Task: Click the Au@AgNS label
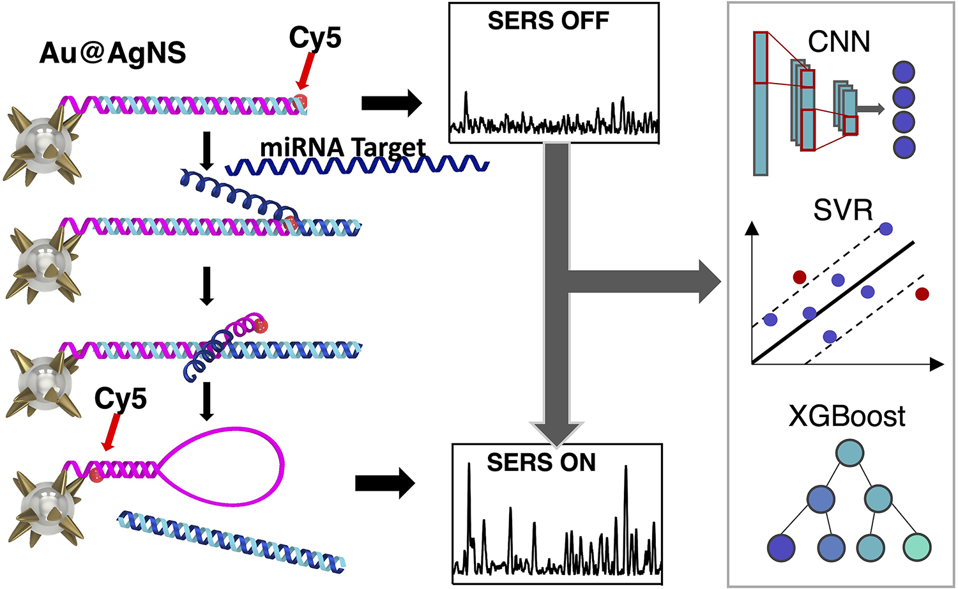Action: pos(112,52)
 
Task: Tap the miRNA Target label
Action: pos(342,148)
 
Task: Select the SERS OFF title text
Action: pos(548,21)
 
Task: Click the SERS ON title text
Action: pos(541,463)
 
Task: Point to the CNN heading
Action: pos(839,42)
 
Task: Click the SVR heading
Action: pos(843,210)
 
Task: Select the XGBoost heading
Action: pos(847,417)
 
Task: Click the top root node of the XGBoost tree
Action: pos(849,453)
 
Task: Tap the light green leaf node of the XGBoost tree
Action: pos(917,547)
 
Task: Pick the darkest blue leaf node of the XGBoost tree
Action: pos(780,548)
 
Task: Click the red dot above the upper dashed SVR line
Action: pos(799,277)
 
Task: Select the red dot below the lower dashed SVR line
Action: pos(922,293)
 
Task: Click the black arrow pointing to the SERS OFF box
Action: pos(391,102)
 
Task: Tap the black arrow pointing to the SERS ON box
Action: pos(384,483)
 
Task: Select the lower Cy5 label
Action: pos(120,399)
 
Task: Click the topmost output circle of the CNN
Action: pos(904,72)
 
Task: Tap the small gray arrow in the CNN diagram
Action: pos(871,109)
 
